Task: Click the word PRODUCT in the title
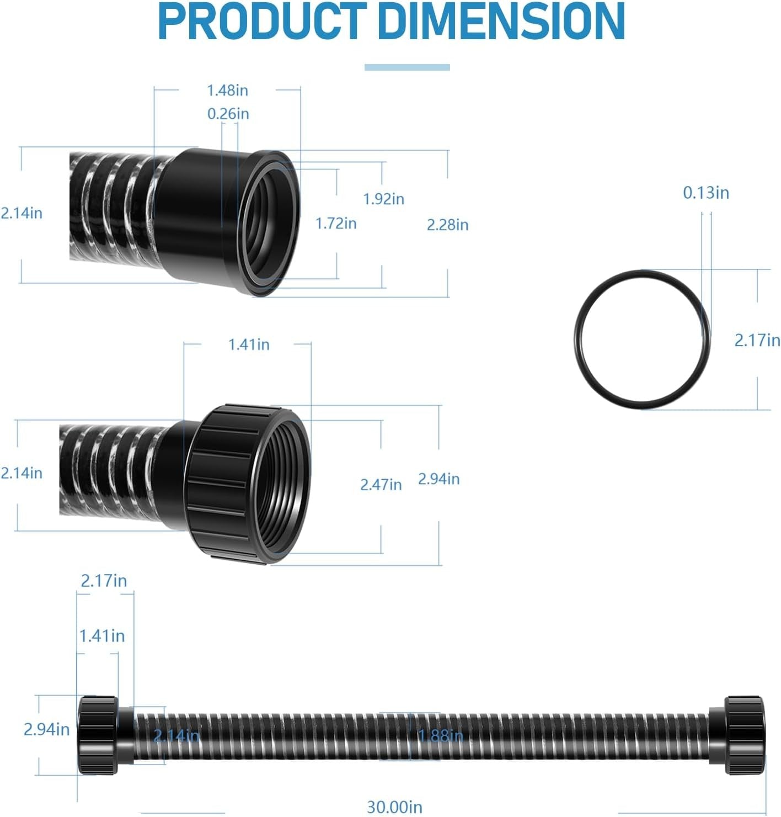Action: (261, 21)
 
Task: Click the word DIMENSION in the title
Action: (502, 21)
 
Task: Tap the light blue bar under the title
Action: (407, 67)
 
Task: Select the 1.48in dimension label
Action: (228, 91)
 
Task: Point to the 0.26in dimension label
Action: (228, 114)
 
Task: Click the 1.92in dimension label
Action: (383, 199)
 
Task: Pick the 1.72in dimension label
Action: (335, 224)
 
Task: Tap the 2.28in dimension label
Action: (447, 225)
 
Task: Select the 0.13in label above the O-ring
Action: (706, 193)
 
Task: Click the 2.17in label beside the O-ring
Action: (757, 340)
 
